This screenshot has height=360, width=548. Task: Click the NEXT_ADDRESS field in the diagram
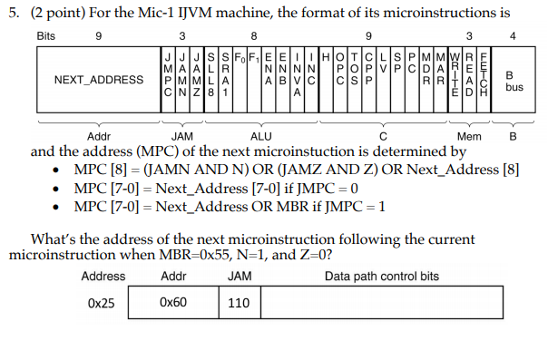(98, 79)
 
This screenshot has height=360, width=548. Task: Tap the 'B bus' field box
(514, 80)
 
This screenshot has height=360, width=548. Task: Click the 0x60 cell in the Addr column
(172, 304)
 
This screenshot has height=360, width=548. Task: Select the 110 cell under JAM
(239, 304)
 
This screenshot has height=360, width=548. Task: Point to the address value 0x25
(101, 304)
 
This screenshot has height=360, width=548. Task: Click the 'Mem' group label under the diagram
(470, 136)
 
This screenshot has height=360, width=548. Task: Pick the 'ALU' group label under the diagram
(260, 136)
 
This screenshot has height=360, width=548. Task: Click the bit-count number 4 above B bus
(514, 36)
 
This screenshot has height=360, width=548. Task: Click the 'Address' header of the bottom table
(103, 277)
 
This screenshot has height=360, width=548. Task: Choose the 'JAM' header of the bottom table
(240, 277)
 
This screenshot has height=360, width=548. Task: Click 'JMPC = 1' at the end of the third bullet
(356, 207)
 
